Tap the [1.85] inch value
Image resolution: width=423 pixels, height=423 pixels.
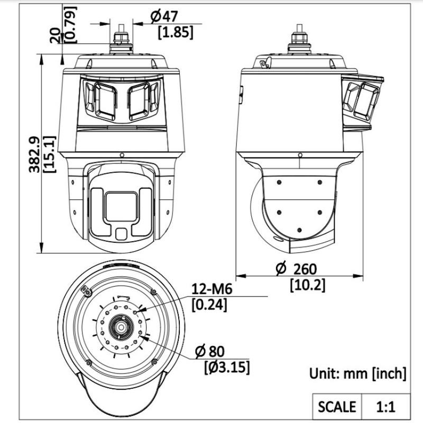[x=176, y=32]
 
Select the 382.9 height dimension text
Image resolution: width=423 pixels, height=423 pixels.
[x=34, y=154]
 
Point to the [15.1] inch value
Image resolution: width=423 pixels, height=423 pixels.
[x=49, y=154]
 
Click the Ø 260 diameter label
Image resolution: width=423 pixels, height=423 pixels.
[x=297, y=269]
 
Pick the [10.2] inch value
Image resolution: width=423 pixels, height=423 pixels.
[x=308, y=285]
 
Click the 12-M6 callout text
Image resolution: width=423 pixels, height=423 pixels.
[x=212, y=289]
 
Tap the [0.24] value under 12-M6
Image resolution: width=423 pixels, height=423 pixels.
[x=209, y=305]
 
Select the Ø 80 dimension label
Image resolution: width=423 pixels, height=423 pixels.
[x=209, y=351]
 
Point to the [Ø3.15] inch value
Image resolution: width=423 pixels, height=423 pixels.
[x=227, y=367]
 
